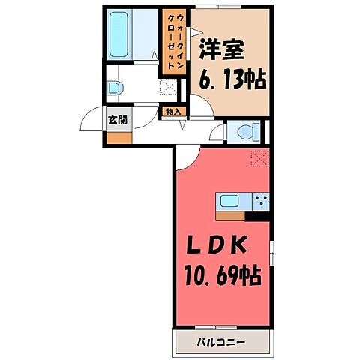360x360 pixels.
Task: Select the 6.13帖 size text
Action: pyautogui.click(x=232, y=77)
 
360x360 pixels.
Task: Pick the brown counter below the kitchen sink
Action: pyautogui.click(x=232, y=216)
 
